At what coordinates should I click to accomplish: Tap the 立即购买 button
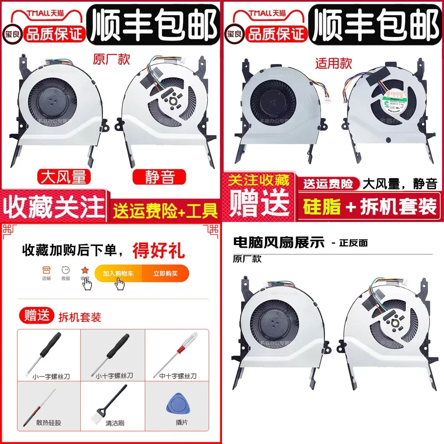[165, 274]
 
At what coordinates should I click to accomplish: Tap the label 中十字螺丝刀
[178, 376]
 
